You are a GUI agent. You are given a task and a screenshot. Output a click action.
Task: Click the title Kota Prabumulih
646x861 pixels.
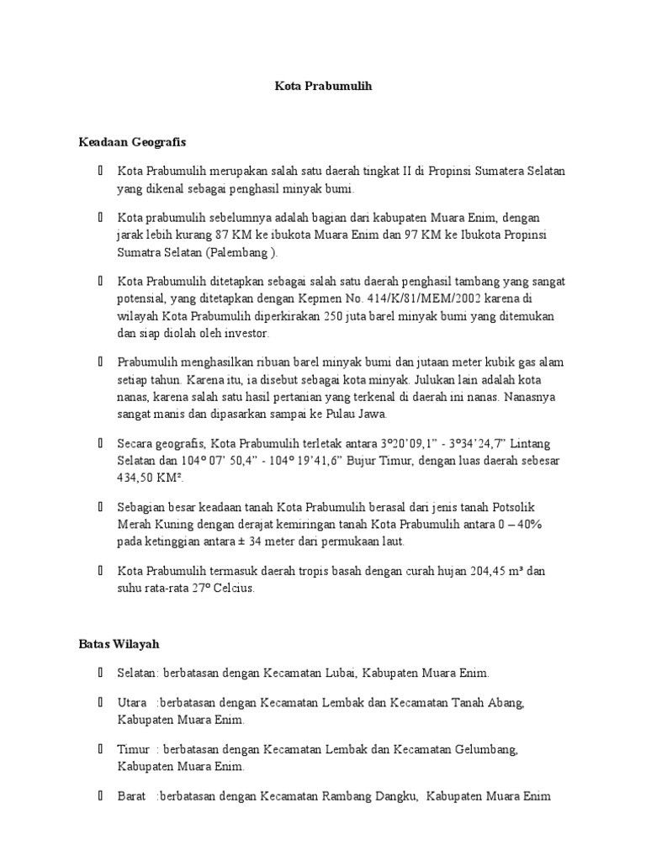point(323,86)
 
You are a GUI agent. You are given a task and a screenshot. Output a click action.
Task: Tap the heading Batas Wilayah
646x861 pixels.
point(119,644)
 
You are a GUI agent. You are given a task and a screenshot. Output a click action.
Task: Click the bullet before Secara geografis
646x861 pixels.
point(100,442)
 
